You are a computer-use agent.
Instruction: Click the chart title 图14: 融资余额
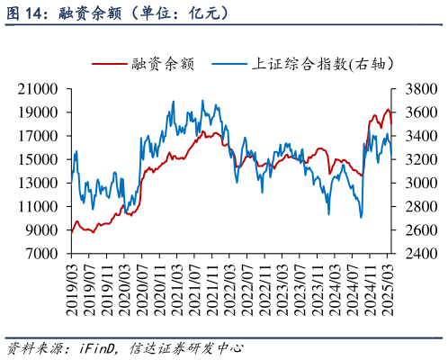(118, 13)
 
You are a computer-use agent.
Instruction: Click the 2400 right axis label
(413, 254)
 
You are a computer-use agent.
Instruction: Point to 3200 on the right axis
(413, 159)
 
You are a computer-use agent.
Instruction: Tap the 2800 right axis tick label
(413, 207)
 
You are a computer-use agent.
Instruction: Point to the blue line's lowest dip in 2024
(361, 217)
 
